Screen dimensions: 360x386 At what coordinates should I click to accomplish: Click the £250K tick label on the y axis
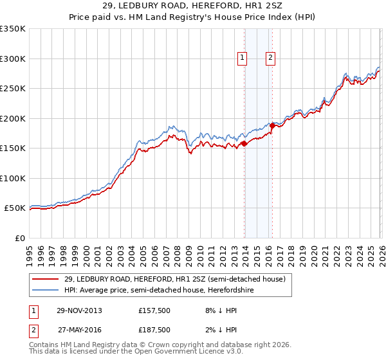(x=13, y=88)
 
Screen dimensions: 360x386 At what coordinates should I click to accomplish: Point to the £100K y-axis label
(x=13, y=178)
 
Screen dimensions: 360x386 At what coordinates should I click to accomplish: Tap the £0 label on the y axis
(x=19, y=238)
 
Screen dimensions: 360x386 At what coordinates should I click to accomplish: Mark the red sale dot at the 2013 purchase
(x=244, y=143)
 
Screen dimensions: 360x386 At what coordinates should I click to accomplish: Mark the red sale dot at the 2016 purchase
(x=272, y=126)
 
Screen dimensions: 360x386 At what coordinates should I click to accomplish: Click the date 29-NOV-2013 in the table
(x=79, y=310)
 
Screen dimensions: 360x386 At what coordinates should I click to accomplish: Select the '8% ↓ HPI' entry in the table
(x=219, y=310)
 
